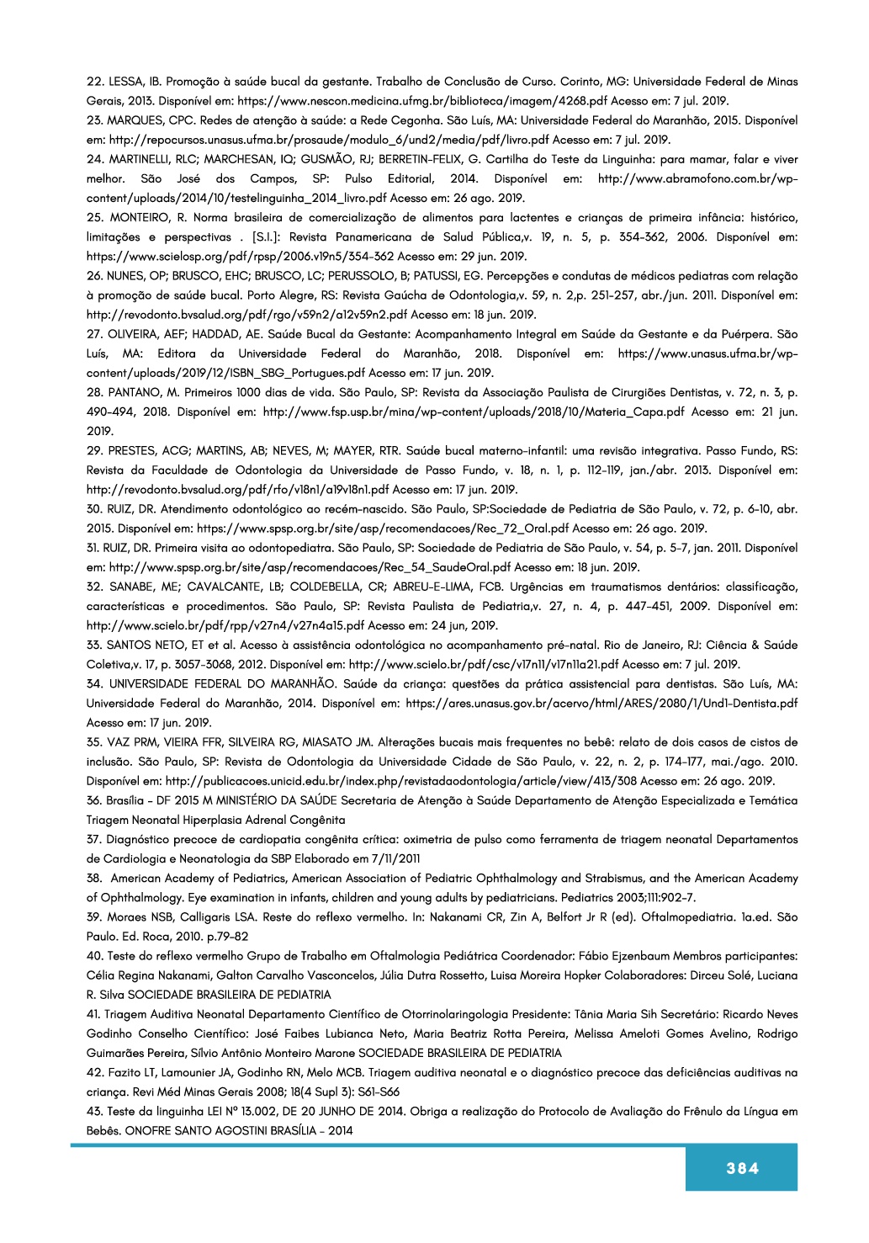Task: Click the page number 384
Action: (x=742, y=1168)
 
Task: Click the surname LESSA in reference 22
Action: (x=126, y=82)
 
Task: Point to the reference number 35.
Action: (x=94, y=742)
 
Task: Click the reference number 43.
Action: (x=94, y=1111)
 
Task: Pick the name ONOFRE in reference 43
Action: (x=147, y=1130)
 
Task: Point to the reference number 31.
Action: (x=94, y=548)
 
